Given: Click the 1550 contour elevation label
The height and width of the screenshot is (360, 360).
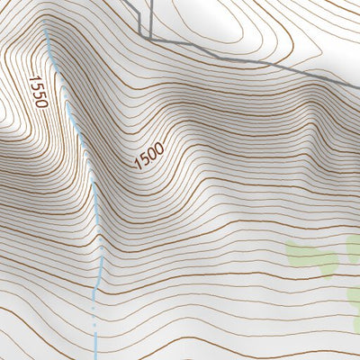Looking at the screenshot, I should click(39, 91).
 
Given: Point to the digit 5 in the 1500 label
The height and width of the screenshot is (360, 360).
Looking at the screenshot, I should click(146, 159).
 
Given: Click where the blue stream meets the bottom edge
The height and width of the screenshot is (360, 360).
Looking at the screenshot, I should click(94, 358).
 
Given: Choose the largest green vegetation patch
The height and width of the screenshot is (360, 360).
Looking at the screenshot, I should click(311, 256).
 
